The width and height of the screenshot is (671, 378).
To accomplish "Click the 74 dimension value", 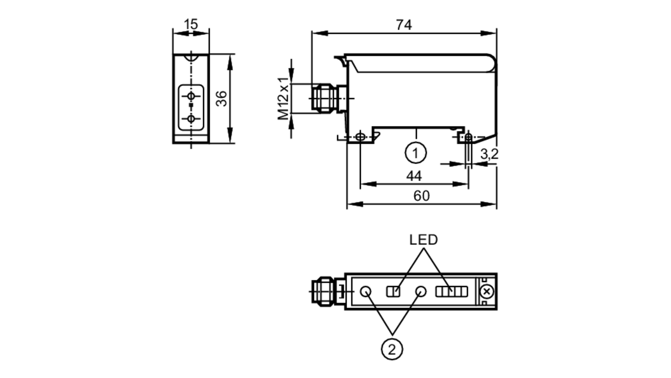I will pos(404,25).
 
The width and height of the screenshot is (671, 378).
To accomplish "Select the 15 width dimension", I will pos(191,24).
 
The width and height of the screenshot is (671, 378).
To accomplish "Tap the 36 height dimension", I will pos(221,99).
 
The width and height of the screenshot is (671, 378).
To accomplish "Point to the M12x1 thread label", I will pos(283,99).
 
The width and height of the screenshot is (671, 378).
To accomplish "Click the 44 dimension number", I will pos(414,176).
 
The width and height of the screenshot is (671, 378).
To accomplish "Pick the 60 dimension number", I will pos(421,196).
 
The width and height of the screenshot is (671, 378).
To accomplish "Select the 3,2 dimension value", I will pos(489,154).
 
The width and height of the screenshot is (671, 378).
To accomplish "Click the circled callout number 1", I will pos(416,153).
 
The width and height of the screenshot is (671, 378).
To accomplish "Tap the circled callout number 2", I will pos(392,349).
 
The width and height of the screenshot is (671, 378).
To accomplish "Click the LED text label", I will pos(423,240).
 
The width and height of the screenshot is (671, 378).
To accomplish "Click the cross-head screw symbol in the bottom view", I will pos(487,291).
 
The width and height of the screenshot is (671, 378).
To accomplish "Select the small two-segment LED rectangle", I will pos(393,291).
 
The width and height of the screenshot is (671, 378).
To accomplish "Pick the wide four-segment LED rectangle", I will pos(451,291).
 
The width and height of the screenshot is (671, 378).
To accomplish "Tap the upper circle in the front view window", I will pos(191,96).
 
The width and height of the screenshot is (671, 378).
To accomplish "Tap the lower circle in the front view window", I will pos(191,119).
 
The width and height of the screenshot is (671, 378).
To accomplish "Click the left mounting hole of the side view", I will pos(360,137).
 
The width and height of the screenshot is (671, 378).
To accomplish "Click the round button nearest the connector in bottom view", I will pos(366,291).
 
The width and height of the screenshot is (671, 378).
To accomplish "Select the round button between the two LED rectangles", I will pos(421,291).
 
